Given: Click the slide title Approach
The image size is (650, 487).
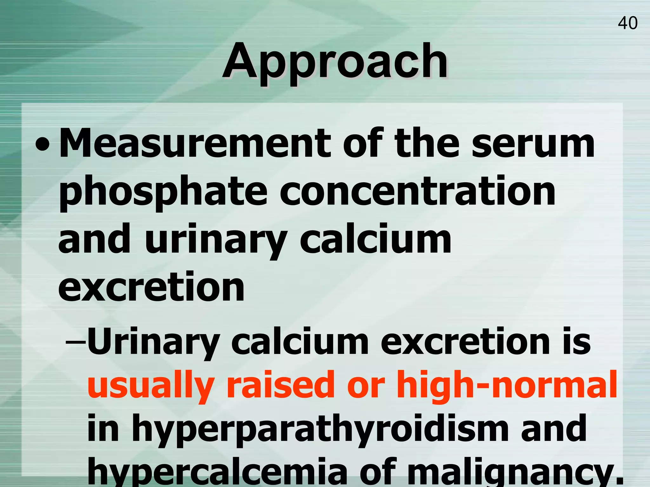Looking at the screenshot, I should [335, 62].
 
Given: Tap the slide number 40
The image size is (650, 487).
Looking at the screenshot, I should [627, 23].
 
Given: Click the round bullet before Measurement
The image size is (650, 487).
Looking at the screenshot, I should [43, 145].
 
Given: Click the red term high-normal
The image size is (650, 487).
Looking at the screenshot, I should [507, 385].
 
